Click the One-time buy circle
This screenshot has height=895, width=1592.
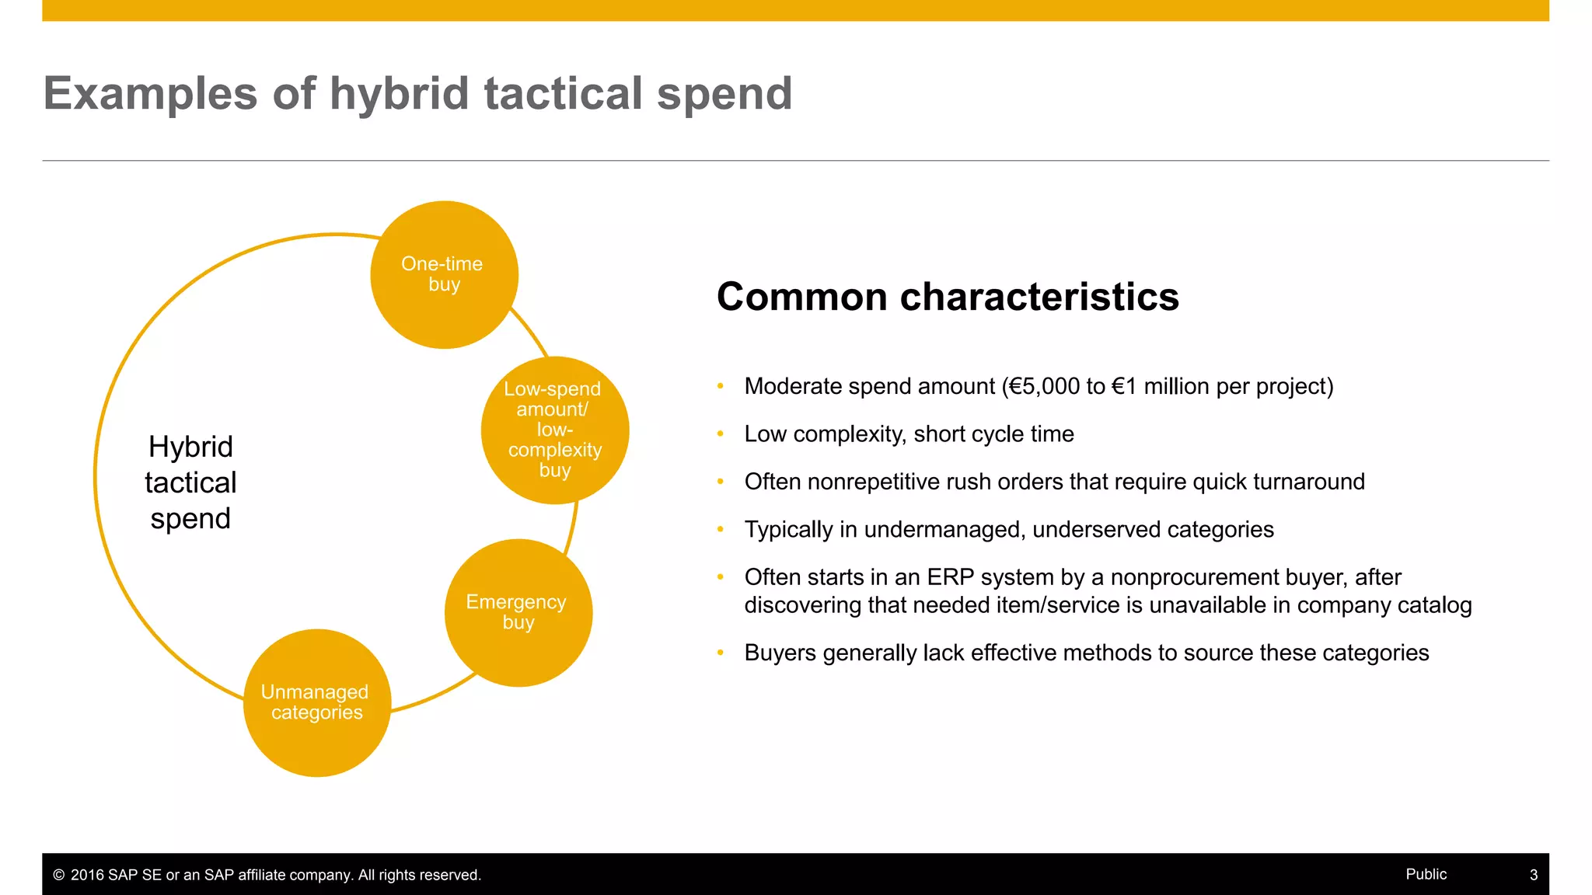(x=444, y=274)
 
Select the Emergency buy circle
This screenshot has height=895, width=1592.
(x=518, y=612)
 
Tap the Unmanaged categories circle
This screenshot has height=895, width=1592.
(x=316, y=702)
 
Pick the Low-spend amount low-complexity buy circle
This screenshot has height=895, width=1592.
(x=554, y=430)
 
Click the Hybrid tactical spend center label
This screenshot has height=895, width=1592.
(x=190, y=482)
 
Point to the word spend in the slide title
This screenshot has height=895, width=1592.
(x=724, y=93)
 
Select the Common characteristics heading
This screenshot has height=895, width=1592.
(x=947, y=297)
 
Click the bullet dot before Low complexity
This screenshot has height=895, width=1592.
(x=721, y=434)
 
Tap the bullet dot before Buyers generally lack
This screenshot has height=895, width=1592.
(x=721, y=653)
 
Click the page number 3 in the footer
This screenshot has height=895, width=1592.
(x=1533, y=875)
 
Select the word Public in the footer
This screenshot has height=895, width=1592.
(x=1426, y=874)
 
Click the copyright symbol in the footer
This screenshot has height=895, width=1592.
(x=58, y=876)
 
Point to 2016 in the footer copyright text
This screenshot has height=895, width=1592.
(x=87, y=876)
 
